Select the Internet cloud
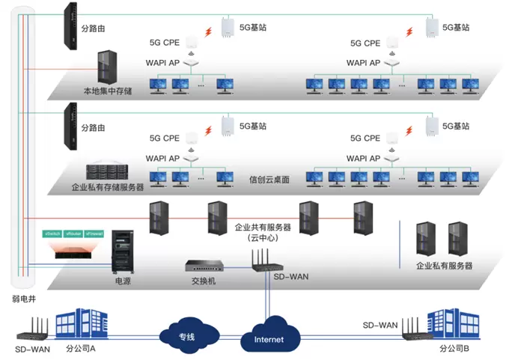coord(269,338)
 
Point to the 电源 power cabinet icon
coord(121,252)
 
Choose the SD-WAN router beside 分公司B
coord(411,330)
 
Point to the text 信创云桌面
coord(269,180)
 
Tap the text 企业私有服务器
coord(445,266)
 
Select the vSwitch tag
coord(54,234)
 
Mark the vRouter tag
coord(73,234)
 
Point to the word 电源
coord(122,282)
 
